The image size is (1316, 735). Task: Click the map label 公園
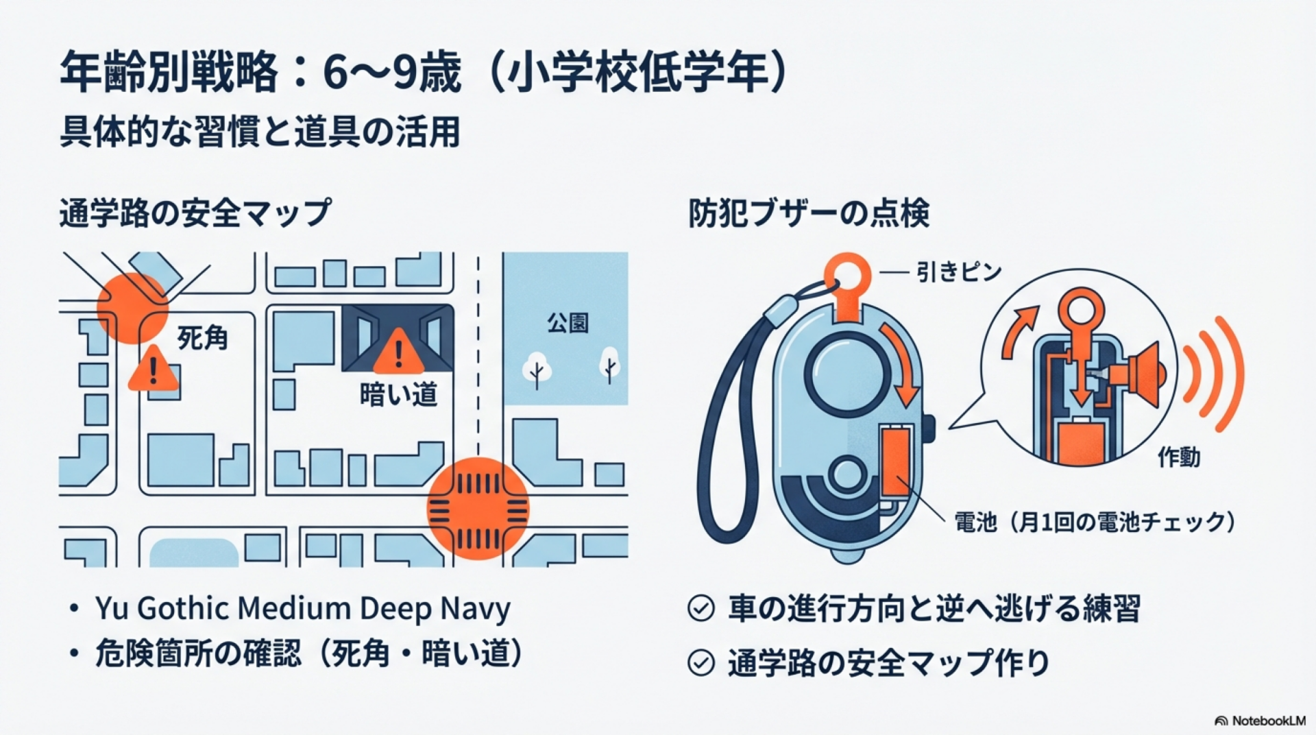click(568, 323)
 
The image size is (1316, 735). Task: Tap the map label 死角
click(202, 338)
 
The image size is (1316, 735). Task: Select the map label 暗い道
click(398, 394)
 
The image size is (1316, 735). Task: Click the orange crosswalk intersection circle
click(478, 509)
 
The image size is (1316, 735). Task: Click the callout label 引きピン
click(959, 272)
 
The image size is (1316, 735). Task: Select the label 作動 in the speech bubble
click(1179, 457)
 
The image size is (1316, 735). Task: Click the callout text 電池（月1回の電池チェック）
click(1095, 522)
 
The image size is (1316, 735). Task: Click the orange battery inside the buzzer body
click(896, 460)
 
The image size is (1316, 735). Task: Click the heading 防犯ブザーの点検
click(809, 214)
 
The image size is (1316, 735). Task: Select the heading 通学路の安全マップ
click(195, 213)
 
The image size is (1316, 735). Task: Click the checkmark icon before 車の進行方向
click(700, 608)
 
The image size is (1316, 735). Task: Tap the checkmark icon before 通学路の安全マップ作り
click(700, 663)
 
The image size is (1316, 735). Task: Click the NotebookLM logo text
click(1268, 721)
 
